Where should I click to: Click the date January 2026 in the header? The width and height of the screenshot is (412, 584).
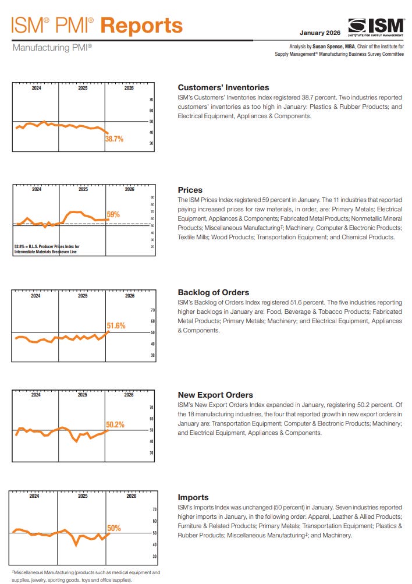[320, 33]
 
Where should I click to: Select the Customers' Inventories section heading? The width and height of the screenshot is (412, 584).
[223, 87]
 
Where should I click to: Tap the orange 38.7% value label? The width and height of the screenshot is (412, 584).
[114, 139]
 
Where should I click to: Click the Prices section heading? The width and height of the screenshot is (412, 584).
[190, 190]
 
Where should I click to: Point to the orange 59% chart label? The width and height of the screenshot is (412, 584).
[113, 215]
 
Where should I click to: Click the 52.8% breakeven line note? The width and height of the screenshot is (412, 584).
[47, 249]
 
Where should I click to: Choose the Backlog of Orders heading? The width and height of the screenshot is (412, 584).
[213, 292]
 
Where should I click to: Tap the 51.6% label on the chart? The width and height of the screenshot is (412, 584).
[116, 326]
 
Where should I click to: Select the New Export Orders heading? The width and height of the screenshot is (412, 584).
[215, 395]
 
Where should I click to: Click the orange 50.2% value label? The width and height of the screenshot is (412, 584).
[115, 425]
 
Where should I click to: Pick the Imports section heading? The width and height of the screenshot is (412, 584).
[193, 497]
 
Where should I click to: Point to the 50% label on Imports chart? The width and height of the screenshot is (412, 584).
[114, 528]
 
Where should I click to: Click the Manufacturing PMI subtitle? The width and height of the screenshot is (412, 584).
[52, 47]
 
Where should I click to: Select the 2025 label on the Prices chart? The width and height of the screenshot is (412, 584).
[83, 190]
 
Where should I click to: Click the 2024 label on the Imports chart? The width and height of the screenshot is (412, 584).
[34, 496]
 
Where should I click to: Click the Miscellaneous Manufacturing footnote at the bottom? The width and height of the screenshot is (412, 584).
[85, 576]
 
